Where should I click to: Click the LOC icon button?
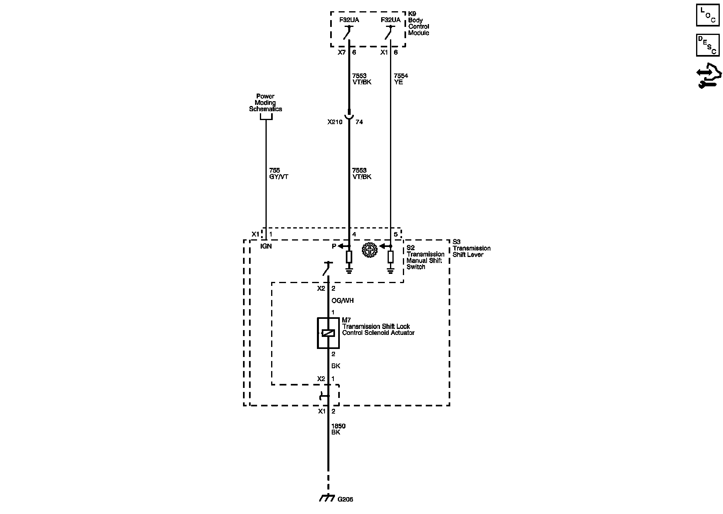pos(707,15)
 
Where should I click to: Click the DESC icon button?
pos(707,45)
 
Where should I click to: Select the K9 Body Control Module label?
pos(418,23)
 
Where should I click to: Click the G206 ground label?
pos(345,500)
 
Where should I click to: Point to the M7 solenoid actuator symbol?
pos(328,333)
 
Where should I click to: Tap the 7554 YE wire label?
pos(401,79)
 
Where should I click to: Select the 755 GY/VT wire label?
pos(278,173)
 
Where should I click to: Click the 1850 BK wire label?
pos(338,429)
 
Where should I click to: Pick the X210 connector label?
pos(335,122)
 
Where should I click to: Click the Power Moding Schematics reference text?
pos(266,102)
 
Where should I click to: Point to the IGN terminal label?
pos(266,246)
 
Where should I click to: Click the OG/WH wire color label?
pos(342,301)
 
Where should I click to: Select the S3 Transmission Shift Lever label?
pos(471,248)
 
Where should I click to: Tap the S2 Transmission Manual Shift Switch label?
pos(425,257)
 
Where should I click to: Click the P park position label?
pos(334,246)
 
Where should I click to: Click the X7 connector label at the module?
pos(341,52)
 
